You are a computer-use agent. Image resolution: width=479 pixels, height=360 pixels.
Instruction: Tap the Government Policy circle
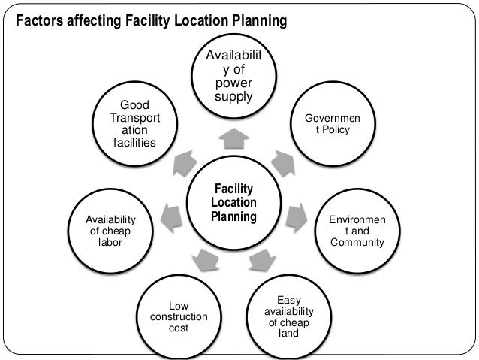pos(332,124)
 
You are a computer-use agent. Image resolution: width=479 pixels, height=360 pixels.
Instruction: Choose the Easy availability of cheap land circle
pos(289,316)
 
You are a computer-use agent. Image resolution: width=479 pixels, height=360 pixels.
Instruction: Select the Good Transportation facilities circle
pos(134,123)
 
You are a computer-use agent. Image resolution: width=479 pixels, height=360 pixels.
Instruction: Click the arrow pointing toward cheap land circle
pos(261,260)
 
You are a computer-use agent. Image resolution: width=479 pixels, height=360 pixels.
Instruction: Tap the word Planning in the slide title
pos(258,20)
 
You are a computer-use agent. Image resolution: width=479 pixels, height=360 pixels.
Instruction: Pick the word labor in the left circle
pos(110,243)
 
